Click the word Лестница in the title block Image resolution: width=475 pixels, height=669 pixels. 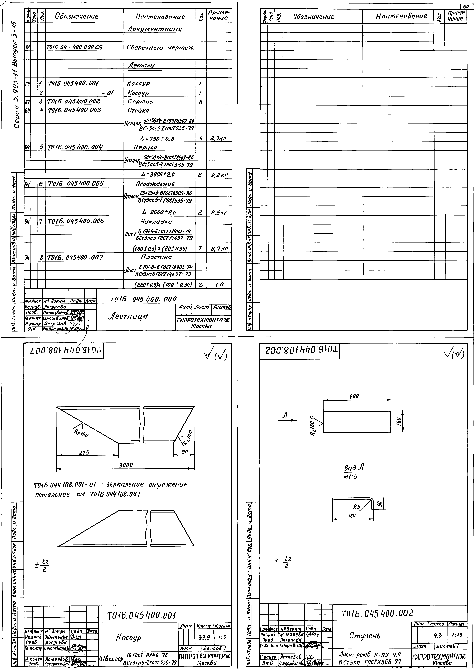128,316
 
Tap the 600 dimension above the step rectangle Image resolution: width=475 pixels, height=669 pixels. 354,396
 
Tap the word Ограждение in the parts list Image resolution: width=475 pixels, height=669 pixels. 156,184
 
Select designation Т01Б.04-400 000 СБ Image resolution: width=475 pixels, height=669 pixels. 75,48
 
